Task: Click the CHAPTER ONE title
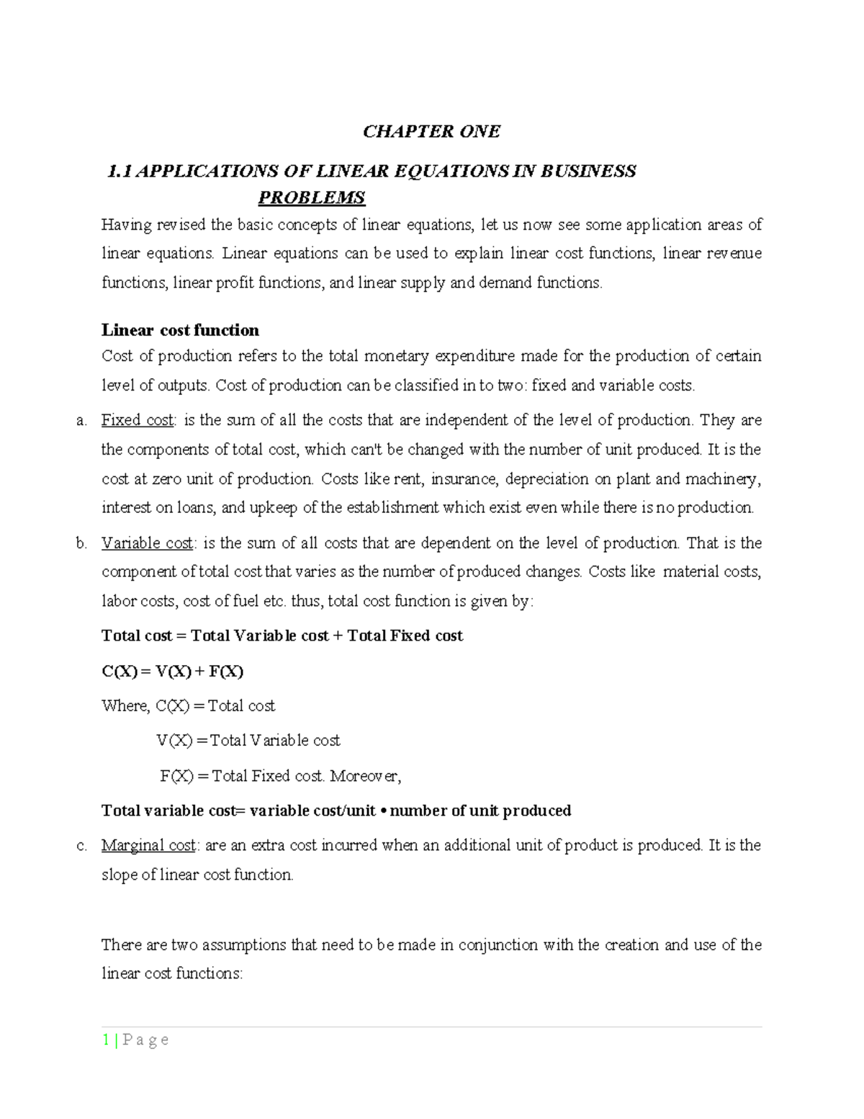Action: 431,131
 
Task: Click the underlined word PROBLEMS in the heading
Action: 312,197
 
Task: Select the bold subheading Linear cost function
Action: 180,330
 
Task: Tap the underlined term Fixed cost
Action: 138,420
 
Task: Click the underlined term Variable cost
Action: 147,543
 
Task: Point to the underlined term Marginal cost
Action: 148,845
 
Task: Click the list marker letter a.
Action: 80,421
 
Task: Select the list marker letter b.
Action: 80,543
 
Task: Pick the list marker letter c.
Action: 80,846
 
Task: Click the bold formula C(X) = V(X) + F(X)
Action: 173,672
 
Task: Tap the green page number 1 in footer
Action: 106,1040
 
